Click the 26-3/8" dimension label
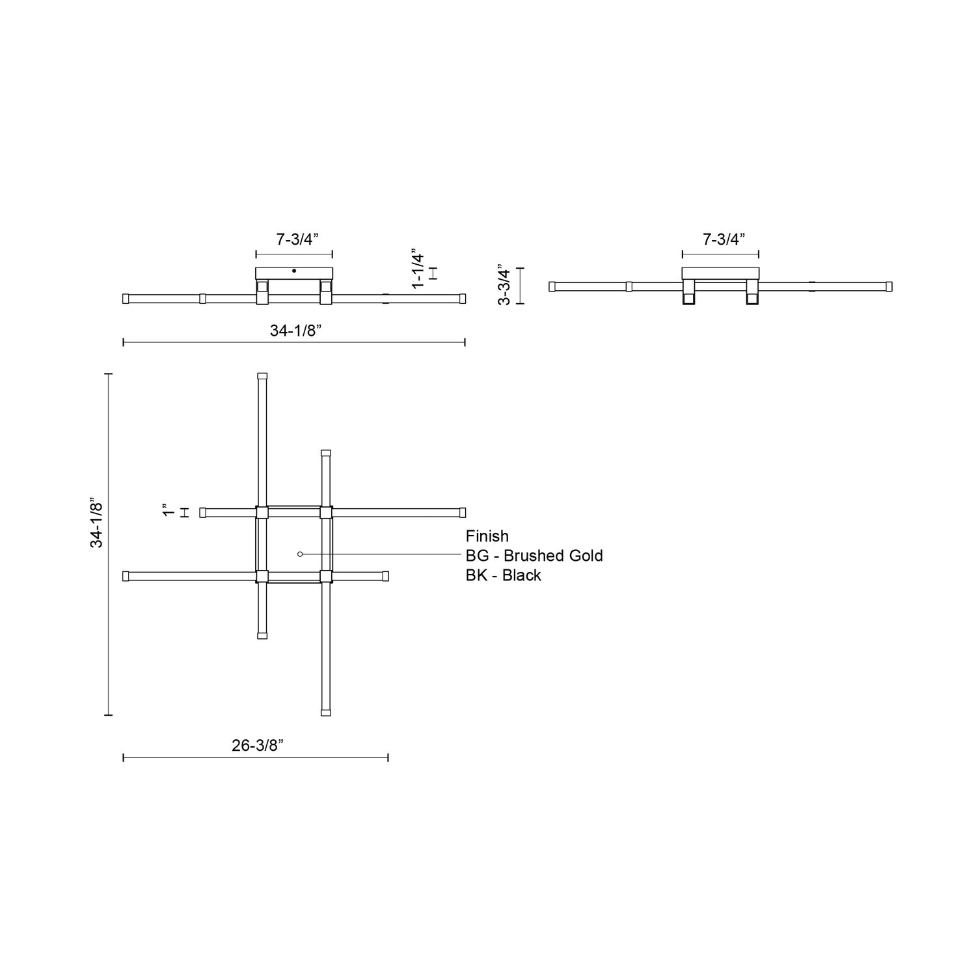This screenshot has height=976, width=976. [x=258, y=746]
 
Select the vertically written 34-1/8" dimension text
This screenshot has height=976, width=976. [x=96, y=524]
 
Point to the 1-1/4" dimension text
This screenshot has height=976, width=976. [x=418, y=268]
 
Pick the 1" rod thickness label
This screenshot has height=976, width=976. [x=169, y=511]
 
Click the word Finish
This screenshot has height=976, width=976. [x=487, y=536]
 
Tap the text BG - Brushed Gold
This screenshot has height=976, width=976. [x=534, y=556]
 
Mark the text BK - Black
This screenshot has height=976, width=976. [x=503, y=575]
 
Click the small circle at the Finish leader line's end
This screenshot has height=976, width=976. [x=300, y=554]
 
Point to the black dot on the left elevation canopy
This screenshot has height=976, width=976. [x=294, y=271]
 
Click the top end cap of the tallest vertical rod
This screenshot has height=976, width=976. [x=262, y=376]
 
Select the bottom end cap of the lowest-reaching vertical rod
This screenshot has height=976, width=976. [x=326, y=712]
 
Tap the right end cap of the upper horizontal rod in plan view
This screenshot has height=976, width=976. [x=463, y=513]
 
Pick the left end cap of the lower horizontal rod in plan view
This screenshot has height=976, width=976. [x=126, y=576]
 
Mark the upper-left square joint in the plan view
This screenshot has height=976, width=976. [x=262, y=513]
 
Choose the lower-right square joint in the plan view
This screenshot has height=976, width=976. [x=326, y=576]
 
